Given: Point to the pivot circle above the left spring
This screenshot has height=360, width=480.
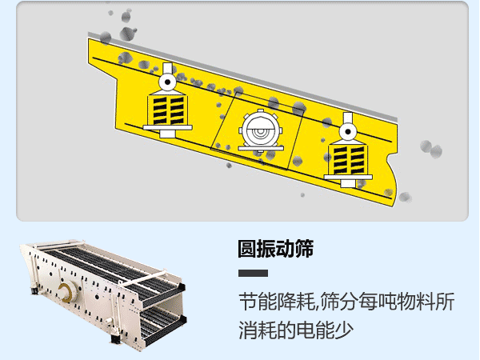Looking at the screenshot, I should [x=167, y=82].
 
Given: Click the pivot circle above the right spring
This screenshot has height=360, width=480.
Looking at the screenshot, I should [x=347, y=128].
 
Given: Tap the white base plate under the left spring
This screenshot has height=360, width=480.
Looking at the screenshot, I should [x=167, y=128].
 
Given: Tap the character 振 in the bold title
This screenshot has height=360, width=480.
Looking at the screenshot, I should [x=266, y=249].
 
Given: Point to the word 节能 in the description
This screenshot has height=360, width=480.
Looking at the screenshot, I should [x=258, y=302].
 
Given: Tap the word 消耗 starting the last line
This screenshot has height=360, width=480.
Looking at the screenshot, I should [x=258, y=329].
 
